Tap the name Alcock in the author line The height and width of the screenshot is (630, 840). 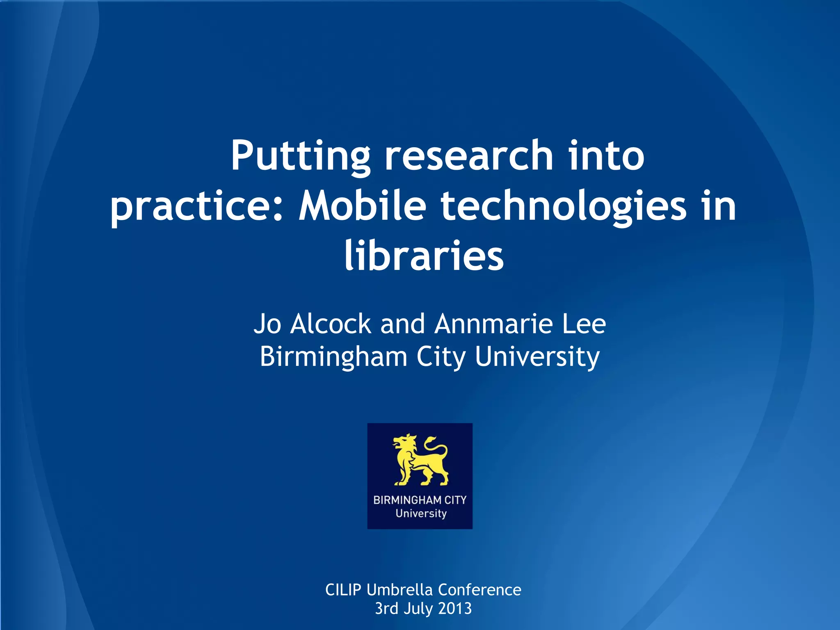coord(331,324)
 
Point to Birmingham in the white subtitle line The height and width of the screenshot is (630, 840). coord(333,356)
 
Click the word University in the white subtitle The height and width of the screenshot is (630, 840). coord(537,356)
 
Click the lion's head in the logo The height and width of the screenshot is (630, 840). coord(404,444)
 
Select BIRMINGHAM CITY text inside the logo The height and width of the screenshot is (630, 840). coord(420,500)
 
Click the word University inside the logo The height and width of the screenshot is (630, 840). coord(421,514)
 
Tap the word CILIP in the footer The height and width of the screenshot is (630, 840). coord(343,590)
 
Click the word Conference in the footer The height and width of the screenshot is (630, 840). coord(479,590)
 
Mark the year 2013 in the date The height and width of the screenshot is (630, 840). coord(455,608)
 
